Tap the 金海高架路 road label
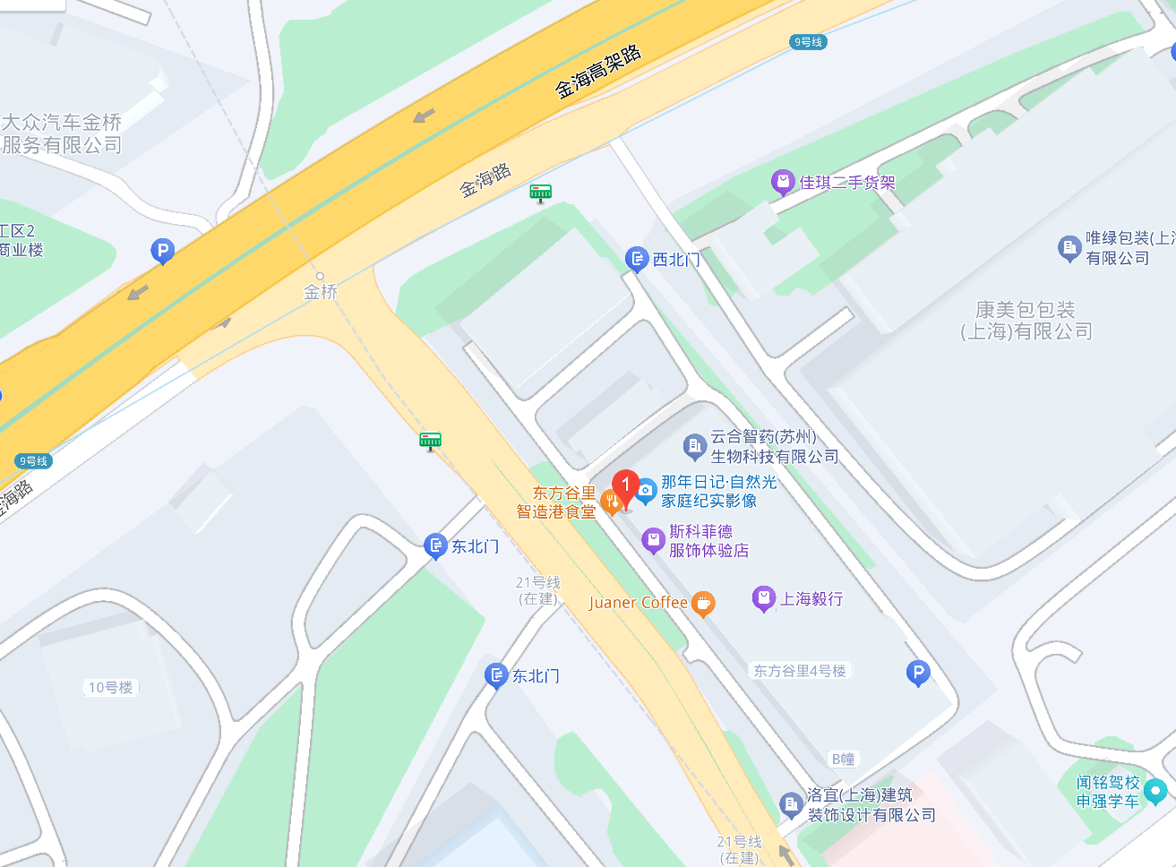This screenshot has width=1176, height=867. [598, 71]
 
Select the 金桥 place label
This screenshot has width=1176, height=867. [321, 291]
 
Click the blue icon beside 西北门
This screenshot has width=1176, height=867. [637, 260]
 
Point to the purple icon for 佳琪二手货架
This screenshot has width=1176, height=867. [783, 183]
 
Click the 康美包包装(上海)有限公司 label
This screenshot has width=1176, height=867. [1026, 321]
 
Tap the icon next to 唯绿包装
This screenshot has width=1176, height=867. [1069, 248]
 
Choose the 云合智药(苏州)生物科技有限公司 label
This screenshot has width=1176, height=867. [774, 446]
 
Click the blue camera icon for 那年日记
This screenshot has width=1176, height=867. [646, 491]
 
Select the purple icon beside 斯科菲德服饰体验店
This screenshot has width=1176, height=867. [654, 540]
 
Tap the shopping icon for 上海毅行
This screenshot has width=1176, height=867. [763, 598]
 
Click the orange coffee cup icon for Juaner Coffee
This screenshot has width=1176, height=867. [703, 604]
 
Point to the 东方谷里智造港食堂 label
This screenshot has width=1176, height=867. [556, 502]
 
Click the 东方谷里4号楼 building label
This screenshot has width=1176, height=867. [799, 671]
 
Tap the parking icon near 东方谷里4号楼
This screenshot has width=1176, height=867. [917, 672]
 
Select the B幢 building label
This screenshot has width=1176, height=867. [843, 759]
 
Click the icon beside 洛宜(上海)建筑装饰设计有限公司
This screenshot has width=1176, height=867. [790, 804]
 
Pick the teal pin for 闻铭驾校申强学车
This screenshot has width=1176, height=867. [1155, 791]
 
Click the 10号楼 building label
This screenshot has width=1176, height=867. [110, 687]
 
